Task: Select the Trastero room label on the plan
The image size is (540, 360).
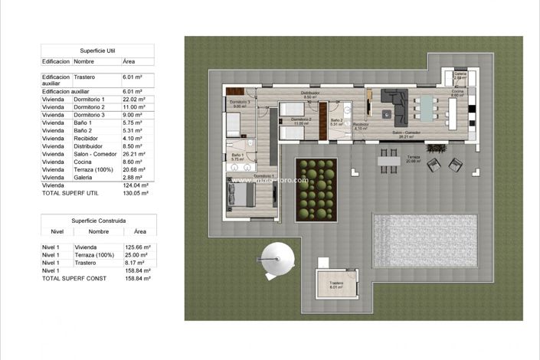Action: tap(335, 283)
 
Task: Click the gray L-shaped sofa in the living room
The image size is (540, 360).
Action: tap(395, 104)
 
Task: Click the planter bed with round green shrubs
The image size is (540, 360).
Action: tap(316, 188)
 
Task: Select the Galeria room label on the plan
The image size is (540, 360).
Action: tap(460, 74)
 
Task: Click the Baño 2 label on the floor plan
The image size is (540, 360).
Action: tap(336, 119)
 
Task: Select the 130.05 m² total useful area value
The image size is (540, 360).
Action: tap(136, 193)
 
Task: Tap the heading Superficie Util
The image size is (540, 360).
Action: tap(97, 50)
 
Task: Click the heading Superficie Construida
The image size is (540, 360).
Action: tap(98, 221)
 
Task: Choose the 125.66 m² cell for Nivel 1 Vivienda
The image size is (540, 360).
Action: tap(137, 247)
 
